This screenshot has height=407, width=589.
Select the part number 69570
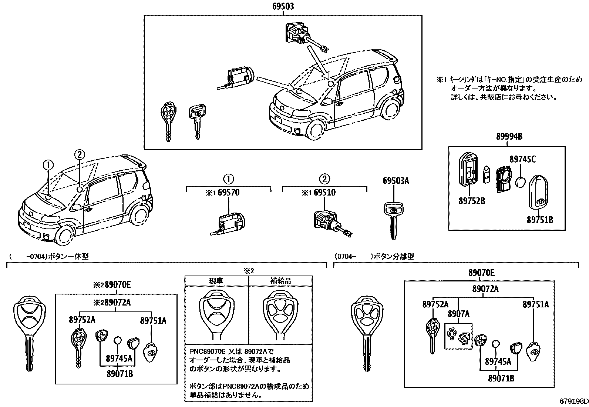click(228, 193)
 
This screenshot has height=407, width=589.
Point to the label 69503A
click(396, 181)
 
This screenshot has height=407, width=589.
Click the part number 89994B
click(509, 137)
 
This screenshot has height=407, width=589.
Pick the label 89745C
click(522, 159)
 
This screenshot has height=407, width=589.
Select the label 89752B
click(472, 201)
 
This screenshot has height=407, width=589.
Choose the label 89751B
click(540, 220)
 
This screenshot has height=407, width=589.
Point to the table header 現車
click(216, 281)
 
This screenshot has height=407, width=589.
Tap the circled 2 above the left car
click(80, 154)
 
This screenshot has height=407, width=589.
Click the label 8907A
click(458, 314)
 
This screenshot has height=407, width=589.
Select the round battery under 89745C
click(521, 181)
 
